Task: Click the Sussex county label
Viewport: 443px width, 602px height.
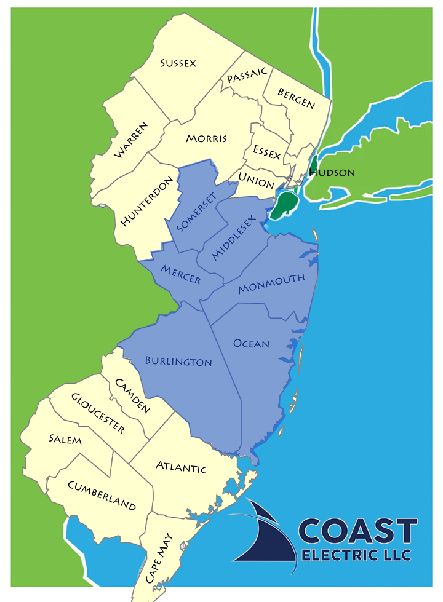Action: (x=178, y=63)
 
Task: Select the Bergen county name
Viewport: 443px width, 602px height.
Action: (x=296, y=98)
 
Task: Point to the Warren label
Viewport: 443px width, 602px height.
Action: (x=131, y=140)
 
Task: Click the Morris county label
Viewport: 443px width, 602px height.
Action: (x=206, y=138)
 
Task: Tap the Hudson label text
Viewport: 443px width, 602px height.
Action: (x=332, y=173)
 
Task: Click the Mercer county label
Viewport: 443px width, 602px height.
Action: (x=180, y=275)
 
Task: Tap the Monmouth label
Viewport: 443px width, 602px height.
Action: (x=271, y=283)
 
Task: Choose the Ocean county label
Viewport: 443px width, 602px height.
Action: (x=251, y=343)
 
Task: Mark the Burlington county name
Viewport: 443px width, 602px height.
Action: (x=178, y=361)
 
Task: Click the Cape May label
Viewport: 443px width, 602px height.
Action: (x=159, y=558)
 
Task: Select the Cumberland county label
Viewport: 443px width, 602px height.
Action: (x=102, y=495)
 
